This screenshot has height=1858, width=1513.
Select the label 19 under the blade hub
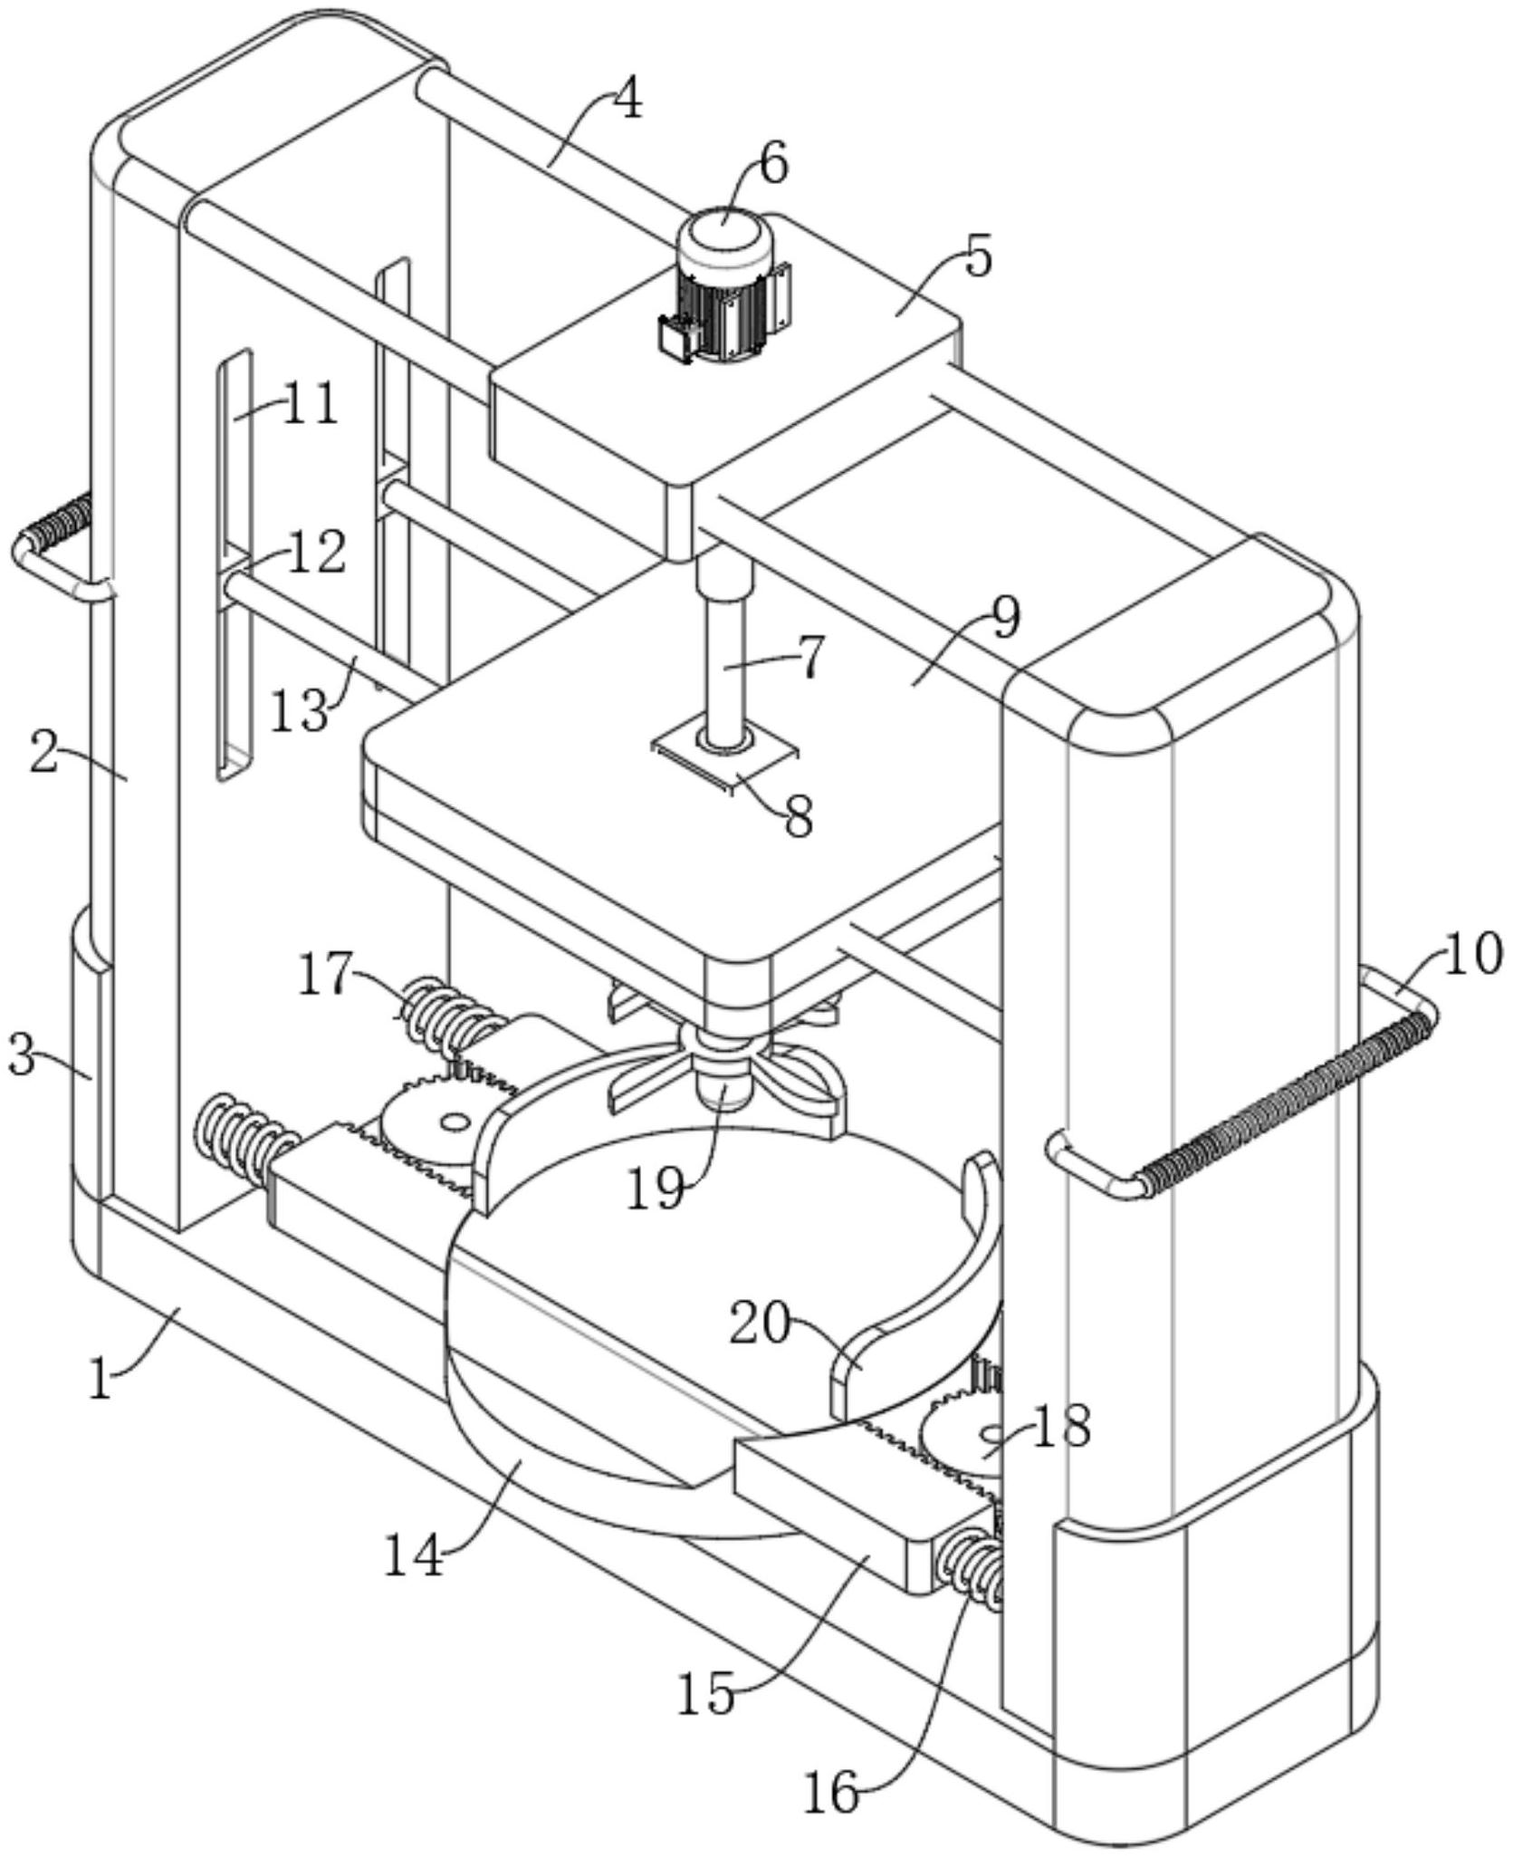tap(655, 1190)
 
